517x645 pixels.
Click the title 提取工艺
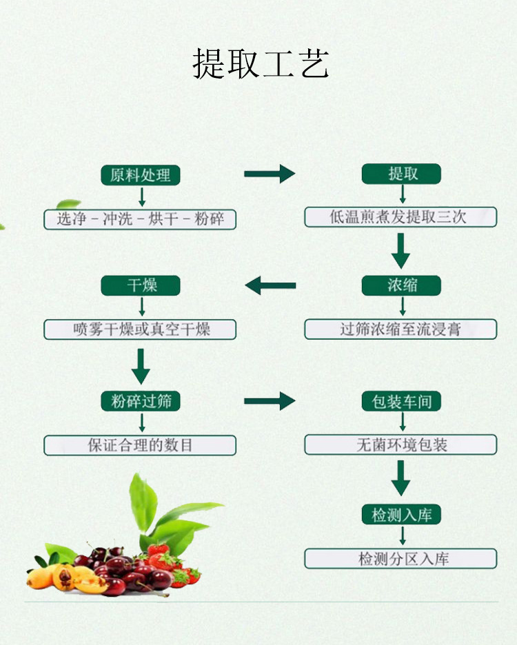point(261,63)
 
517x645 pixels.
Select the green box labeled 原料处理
point(141,175)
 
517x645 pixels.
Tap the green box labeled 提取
point(401,174)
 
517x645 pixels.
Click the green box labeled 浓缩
point(401,285)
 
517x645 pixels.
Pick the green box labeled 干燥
point(141,285)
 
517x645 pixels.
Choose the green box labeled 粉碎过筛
point(141,401)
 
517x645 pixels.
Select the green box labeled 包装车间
point(401,401)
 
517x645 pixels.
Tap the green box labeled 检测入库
point(401,514)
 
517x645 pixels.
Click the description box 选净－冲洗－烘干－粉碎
point(140,219)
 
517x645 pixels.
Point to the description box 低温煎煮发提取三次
point(401,216)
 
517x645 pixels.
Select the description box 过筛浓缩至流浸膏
point(401,329)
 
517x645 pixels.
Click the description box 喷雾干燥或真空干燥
point(140,329)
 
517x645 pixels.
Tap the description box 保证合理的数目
point(140,444)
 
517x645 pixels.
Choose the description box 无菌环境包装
point(401,444)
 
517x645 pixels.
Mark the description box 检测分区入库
point(401,558)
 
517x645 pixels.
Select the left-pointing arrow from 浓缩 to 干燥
point(270,285)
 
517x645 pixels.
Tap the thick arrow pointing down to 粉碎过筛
point(141,366)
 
